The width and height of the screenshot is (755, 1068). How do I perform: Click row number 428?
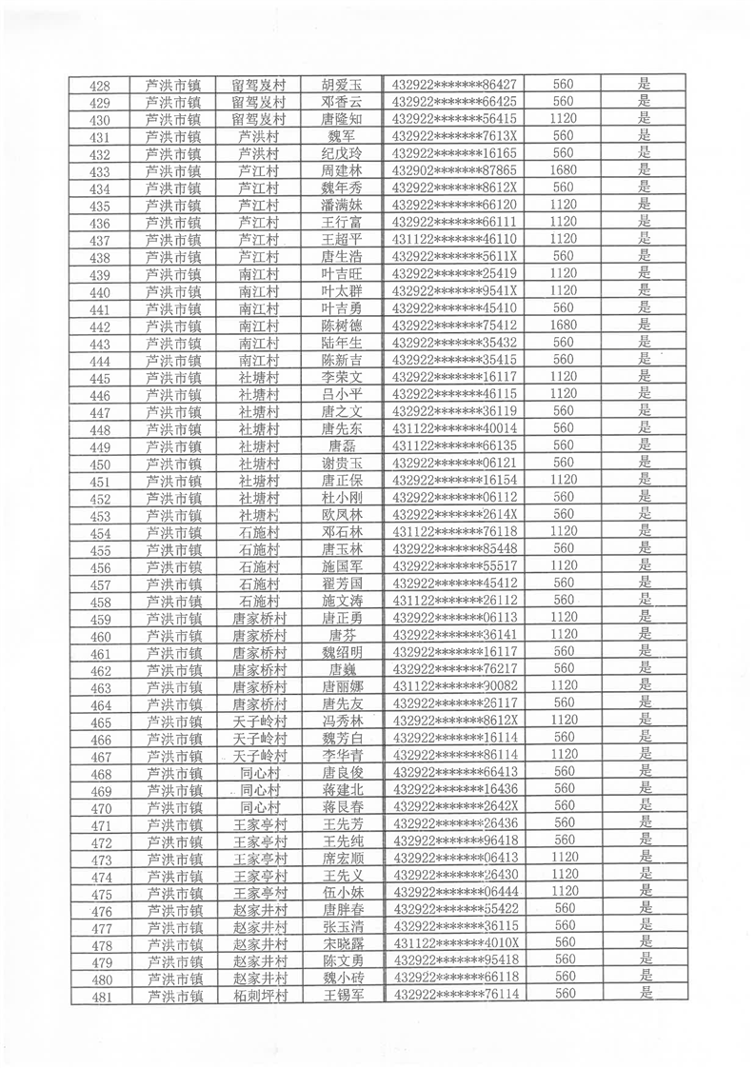[x=100, y=86]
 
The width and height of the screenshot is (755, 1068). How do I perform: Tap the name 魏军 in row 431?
[x=342, y=136]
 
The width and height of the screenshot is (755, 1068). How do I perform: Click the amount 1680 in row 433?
[x=564, y=169]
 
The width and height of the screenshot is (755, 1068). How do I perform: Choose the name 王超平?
[x=342, y=239]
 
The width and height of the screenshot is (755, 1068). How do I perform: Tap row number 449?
[x=100, y=447]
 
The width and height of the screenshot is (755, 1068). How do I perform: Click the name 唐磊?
[x=342, y=445]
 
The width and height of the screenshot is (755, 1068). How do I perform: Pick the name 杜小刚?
[x=342, y=498]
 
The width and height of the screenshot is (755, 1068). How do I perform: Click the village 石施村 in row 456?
[x=259, y=567]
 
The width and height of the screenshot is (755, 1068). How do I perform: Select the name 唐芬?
[x=342, y=635]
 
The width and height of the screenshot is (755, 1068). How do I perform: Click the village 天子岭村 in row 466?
[x=259, y=739]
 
